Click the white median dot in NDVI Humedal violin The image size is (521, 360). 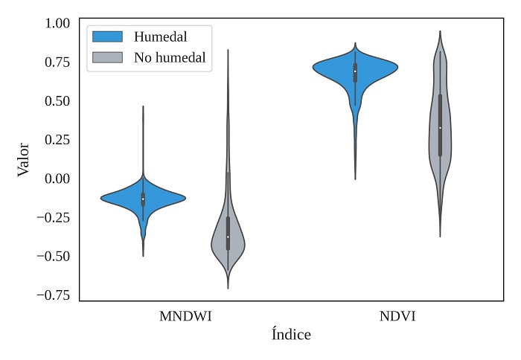click(x=356, y=71)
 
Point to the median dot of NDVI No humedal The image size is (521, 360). click(x=441, y=128)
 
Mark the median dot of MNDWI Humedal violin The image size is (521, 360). click(x=143, y=199)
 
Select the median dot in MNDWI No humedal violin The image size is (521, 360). click(x=228, y=237)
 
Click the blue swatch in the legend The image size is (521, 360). click(x=107, y=36)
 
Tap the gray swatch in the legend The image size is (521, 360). click(x=107, y=57)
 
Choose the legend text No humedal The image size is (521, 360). click(x=170, y=57)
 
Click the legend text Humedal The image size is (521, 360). click(x=160, y=36)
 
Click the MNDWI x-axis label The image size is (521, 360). click(x=185, y=316)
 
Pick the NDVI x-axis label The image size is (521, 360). click(x=397, y=316)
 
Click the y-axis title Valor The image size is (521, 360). click(x=23, y=159)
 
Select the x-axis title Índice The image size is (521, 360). click(x=291, y=334)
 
